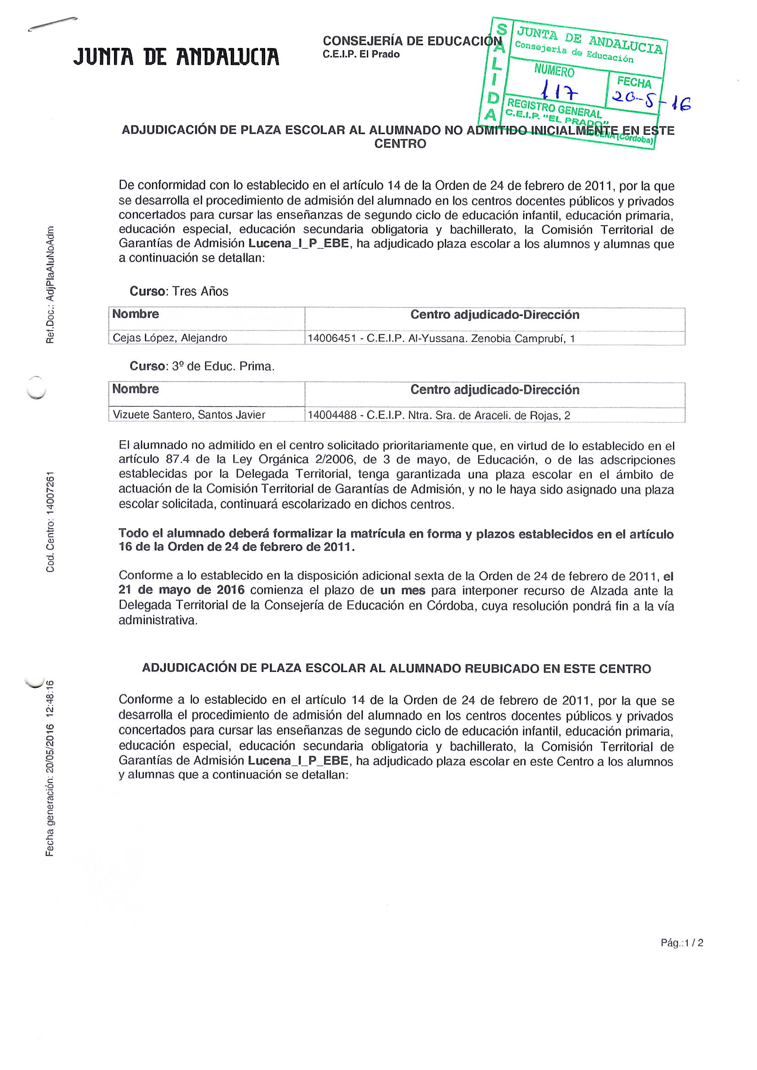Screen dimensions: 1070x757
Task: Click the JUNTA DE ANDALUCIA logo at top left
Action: click(x=176, y=57)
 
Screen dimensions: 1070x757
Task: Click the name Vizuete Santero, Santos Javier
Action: click(x=189, y=415)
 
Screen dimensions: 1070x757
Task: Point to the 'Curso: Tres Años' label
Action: click(x=179, y=291)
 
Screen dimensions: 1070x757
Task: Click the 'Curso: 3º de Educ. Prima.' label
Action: click(x=202, y=366)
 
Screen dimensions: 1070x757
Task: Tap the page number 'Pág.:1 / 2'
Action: click(x=681, y=943)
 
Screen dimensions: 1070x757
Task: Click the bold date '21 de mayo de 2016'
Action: click(x=181, y=590)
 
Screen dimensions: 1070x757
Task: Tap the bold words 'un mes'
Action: click(x=403, y=590)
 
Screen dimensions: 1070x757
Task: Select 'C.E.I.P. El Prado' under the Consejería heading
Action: click(x=361, y=54)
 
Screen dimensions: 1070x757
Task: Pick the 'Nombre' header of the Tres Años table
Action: click(x=135, y=314)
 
